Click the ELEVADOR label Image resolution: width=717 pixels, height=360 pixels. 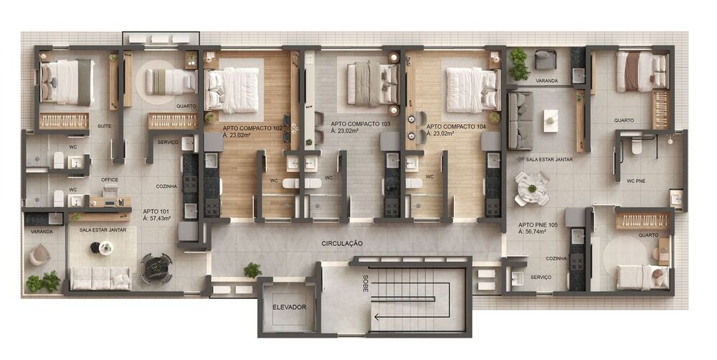tap(289, 307)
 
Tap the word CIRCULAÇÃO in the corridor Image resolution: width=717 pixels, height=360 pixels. tap(342, 244)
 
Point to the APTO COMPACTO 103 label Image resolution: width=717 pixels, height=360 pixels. tap(361, 124)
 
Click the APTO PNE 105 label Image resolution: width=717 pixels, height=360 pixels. tap(538, 225)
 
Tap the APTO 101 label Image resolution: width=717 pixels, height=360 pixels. tap(156, 212)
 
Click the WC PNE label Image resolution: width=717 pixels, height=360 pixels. tap(635, 181)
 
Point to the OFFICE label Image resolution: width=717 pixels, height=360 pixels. tap(109, 179)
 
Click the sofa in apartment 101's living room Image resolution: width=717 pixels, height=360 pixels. tap(100, 278)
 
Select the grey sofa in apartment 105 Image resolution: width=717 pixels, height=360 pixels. tap(520, 120)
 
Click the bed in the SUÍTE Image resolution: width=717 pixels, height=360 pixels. tap(66, 81)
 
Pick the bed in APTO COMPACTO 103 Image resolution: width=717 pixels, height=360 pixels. tap(372, 84)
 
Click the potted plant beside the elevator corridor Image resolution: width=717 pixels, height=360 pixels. tap(252, 270)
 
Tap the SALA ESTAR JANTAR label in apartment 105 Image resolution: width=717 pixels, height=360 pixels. tap(549, 159)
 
